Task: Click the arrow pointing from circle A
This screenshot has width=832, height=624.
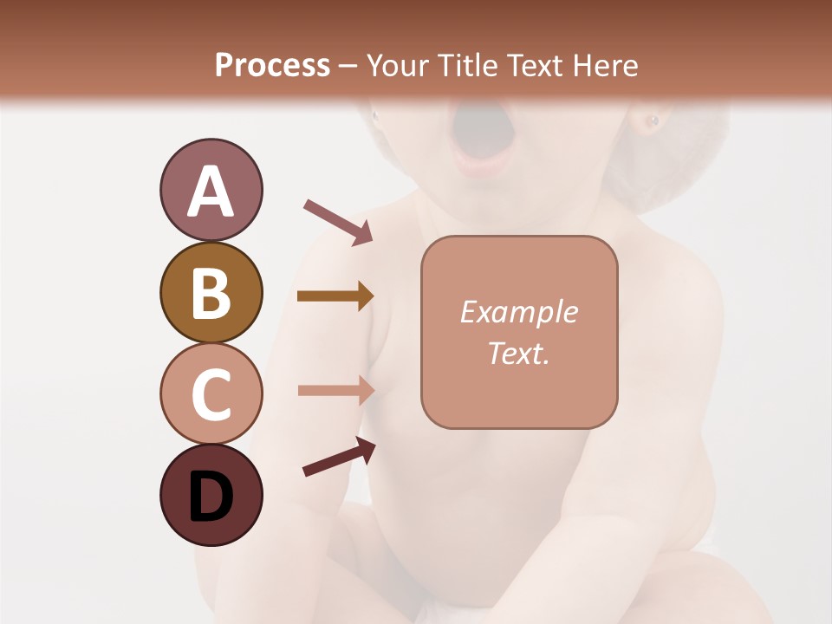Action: [x=338, y=221]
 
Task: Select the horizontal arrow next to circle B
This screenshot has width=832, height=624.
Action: [x=335, y=296]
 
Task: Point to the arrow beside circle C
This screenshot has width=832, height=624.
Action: [x=335, y=390]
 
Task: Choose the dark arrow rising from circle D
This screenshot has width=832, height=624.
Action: [x=339, y=458]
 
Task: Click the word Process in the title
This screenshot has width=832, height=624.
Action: [x=272, y=65]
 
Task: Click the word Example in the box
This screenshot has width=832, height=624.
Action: [x=518, y=312]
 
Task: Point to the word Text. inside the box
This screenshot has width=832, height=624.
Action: [x=518, y=353]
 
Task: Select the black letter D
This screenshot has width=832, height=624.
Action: [x=211, y=497]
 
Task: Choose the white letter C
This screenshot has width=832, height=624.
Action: [x=211, y=394]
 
